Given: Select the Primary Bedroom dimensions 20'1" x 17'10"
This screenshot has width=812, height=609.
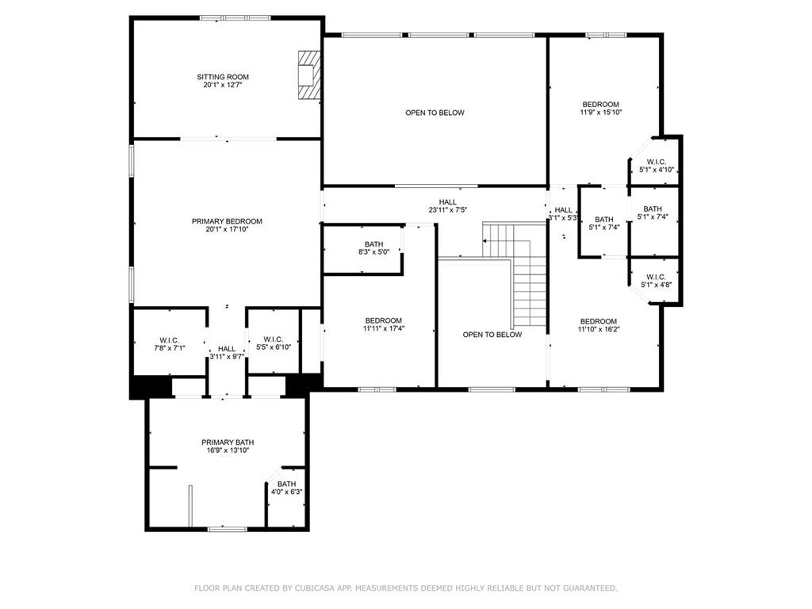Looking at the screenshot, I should point(227,230).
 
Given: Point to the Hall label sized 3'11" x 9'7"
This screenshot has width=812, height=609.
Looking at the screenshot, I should point(227,353).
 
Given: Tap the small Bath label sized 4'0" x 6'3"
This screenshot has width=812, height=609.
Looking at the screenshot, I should point(286,488).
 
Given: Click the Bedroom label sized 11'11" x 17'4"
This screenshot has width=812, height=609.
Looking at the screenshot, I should point(383,324).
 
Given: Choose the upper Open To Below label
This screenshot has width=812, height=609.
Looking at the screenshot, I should point(435,113).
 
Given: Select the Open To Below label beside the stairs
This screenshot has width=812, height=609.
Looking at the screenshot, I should point(492,335).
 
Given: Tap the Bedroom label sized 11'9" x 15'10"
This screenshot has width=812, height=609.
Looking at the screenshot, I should point(601,108).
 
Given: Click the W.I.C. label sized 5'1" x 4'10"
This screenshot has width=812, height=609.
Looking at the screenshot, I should point(656,166).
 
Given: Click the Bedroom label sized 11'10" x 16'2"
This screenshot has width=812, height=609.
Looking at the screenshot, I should point(597,325).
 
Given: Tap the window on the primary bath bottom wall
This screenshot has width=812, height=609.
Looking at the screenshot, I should point(228,528).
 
